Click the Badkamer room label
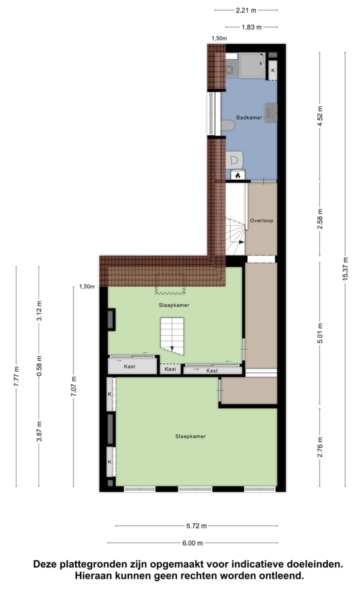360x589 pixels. pyautogui.click(x=249, y=117)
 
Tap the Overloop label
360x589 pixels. pyautogui.click(x=261, y=220)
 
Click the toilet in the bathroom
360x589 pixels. pyautogui.click(x=228, y=125)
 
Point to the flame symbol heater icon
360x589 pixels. pyautogui.click(x=238, y=175)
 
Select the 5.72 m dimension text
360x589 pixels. pyautogui.click(x=196, y=526)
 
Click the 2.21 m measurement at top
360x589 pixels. pyautogui.click(x=246, y=9)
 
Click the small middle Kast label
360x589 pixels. pyautogui.click(x=170, y=369)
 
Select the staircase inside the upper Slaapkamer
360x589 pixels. pyautogui.click(x=171, y=335)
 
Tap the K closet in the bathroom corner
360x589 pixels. pyautogui.click(x=272, y=70)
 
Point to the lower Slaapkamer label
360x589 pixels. pyautogui.click(x=190, y=436)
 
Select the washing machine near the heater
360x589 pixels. pyautogui.click(x=235, y=159)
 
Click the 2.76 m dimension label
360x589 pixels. pyautogui.click(x=320, y=446)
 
